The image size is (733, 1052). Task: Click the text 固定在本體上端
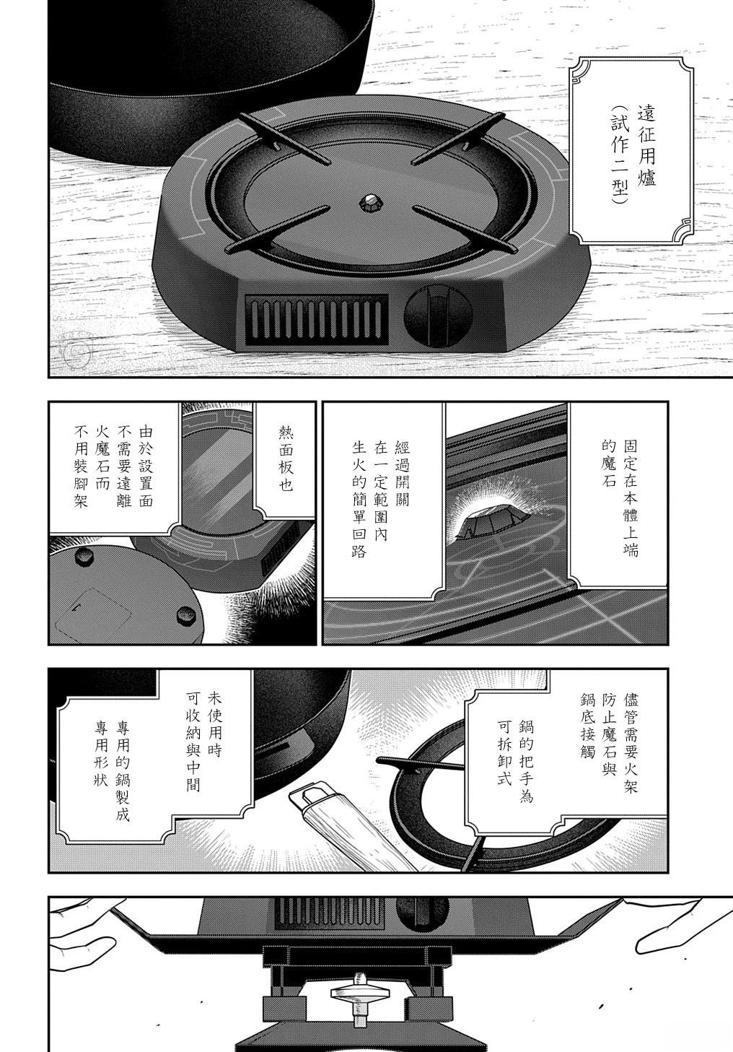[631, 497]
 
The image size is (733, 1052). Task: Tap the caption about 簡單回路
[383, 497]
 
